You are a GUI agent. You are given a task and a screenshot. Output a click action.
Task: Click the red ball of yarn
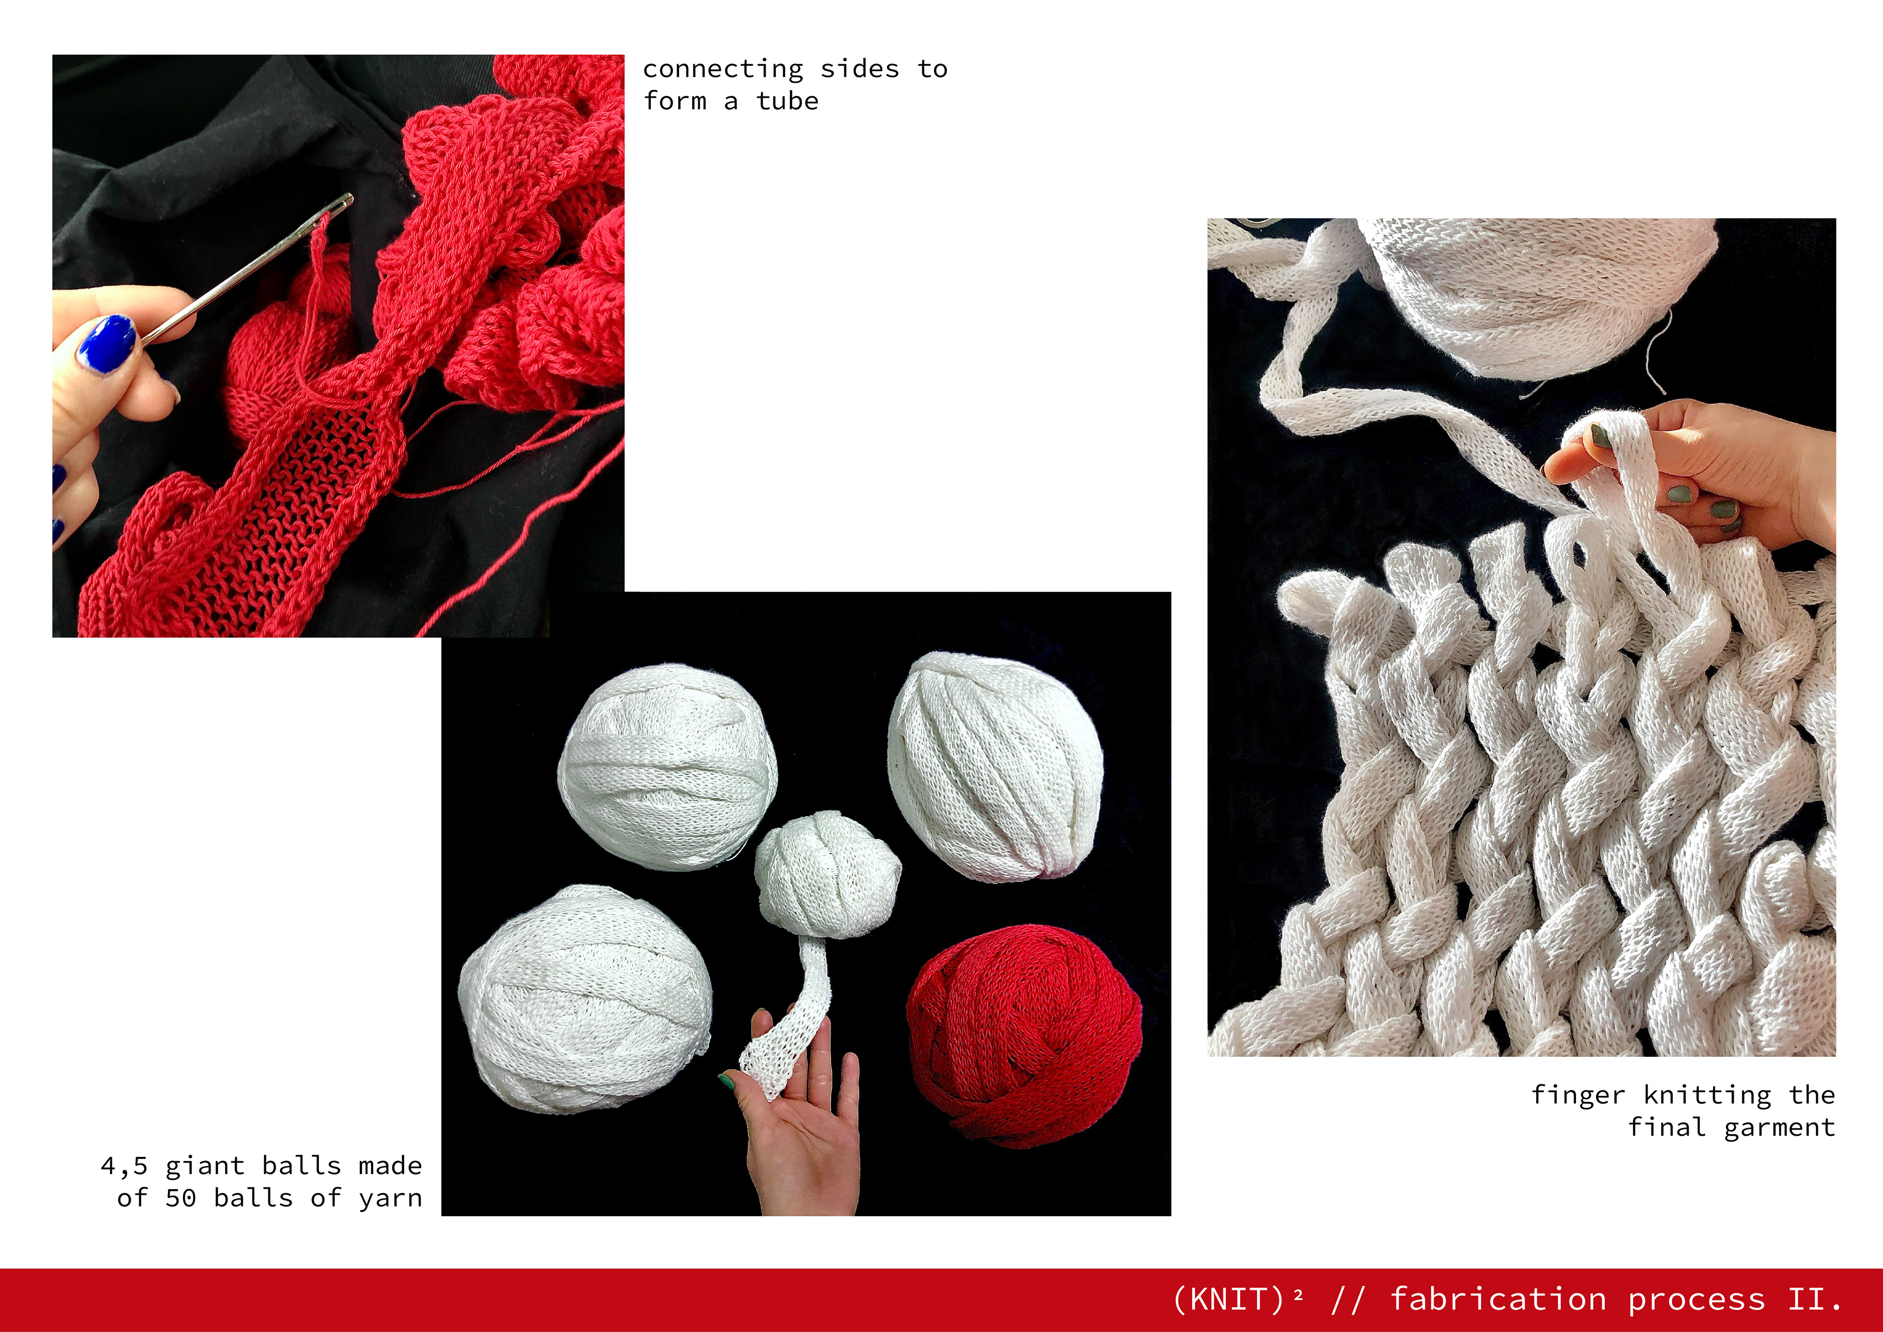click(x=1023, y=1036)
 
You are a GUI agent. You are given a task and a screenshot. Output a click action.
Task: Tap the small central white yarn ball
click(x=827, y=874)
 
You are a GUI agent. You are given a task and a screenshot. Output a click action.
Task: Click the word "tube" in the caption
click(x=788, y=101)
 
